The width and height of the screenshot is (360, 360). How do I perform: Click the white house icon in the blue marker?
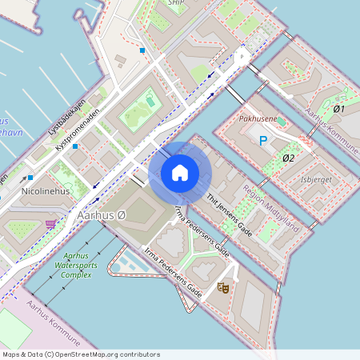point(180,173)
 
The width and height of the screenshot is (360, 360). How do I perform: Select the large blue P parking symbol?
point(262,142)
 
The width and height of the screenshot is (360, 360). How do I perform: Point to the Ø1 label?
point(338,109)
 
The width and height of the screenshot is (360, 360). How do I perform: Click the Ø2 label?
point(289,158)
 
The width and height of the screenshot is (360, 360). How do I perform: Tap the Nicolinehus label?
point(45,193)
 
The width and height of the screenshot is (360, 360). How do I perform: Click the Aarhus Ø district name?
point(101,216)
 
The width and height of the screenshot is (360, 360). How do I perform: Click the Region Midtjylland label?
point(271,210)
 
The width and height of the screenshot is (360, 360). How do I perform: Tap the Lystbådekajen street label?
point(66,120)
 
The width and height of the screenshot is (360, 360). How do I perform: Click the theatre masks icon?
point(223,286)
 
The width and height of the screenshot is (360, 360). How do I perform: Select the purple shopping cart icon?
point(51,224)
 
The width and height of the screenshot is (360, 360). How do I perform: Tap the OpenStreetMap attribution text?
point(81,354)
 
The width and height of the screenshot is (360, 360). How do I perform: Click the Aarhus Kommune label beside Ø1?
point(332,128)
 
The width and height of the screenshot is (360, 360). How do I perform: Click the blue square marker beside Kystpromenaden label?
point(74,146)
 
